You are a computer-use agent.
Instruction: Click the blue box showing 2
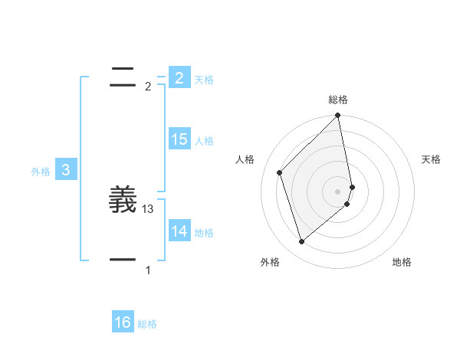pyautogui.click(x=179, y=77)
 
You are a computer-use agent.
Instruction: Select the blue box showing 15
pyautogui.click(x=179, y=139)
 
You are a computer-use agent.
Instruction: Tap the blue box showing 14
pyautogui.click(x=179, y=231)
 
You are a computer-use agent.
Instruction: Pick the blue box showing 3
pyautogui.click(x=66, y=170)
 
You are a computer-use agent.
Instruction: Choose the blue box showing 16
pyautogui.click(x=123, y=322)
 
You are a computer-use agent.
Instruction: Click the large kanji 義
pyautogui.click(x=123, y=200)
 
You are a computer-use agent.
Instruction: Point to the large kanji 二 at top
pyautogui.click(x=123, y=77)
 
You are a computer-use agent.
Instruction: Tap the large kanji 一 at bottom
pyautogui.click(x=123, y=260)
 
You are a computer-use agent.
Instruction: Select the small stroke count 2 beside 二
pyautogui.click(x=148, y=87)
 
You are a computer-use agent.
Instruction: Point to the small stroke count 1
pyautogui.click(x=148, y=270)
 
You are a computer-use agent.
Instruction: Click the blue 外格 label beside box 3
pyautogui.click(x=41, y=172)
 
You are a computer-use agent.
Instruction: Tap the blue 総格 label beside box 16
pyautogui.click(x=147, y=324)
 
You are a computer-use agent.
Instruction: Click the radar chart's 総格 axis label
pyautogui.click(x=338, y=100)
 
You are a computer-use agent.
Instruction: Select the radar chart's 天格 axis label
pyautogui.click(x=432, y=159)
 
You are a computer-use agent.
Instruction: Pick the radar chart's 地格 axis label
pyautogui.click(x=402, y=262)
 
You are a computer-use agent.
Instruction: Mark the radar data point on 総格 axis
pyautogui.click(x=338, y=116)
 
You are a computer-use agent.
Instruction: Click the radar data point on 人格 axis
pyautogui.click(x=280, y=172)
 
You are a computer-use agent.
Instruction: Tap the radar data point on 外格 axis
pyautogui.click(x=302, y=242)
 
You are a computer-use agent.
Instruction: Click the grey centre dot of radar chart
pyautogui.click(x=338, y=191)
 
